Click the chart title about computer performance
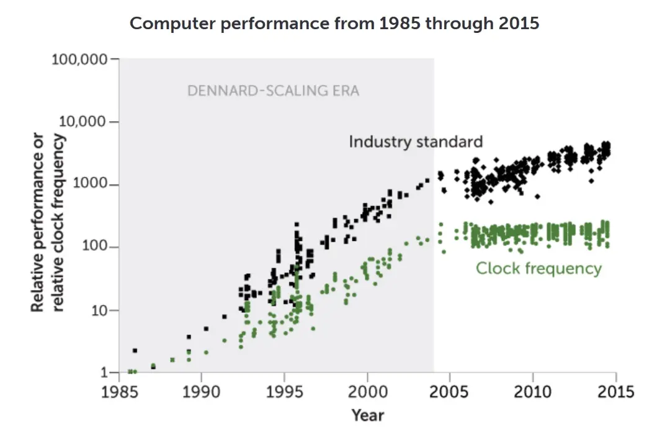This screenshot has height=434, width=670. tap(334, 23)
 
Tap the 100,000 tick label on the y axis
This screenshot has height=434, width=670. tap(79, 59)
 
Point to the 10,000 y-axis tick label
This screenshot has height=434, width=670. tap(82, 122)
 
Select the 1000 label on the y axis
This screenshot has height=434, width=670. tap(89, 183)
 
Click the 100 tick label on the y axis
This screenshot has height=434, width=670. tap(94, 246)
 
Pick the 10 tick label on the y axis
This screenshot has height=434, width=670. tap(98, 310)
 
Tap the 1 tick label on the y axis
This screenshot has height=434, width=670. tap(104, 373)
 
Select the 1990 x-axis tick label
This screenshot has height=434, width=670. tap(201, 392)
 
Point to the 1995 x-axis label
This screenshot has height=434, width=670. tap(284, 392)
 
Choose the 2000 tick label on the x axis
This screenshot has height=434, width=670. tap(367, 392)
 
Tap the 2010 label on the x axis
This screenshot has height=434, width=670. tap(532, 392)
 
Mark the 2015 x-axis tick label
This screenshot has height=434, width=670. tap(616, 392)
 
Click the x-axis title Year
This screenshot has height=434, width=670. tap(368, 415)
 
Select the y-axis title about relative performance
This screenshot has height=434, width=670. tap(47, 222)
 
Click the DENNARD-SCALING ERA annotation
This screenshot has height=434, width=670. tap(273, 91)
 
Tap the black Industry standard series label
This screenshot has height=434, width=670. tap(416, 142)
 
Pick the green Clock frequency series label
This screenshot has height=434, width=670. tap(539, 268)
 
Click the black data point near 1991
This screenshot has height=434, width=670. tap(225, 317)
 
